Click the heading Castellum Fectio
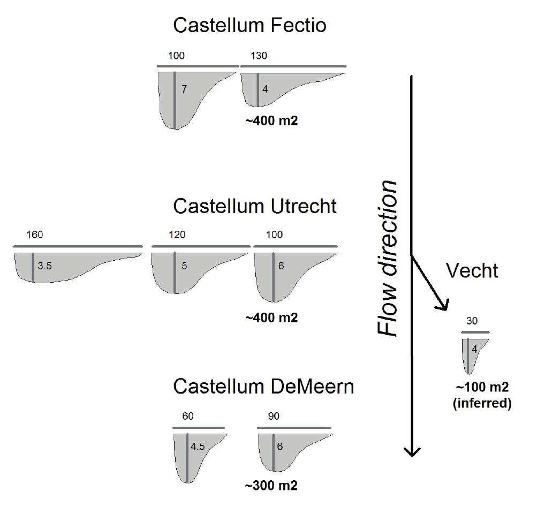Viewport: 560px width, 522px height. [x=249, y=25]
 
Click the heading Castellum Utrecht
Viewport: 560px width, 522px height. [x=255, y=206]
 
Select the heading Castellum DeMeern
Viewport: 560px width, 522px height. [x=263, y=387]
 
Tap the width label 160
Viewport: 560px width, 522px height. [x=35, y=235]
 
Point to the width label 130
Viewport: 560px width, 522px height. [x=259, y=56]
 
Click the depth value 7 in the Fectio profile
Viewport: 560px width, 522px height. [x=184, y=89]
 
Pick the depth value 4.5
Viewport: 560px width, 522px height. [x=198, y=447]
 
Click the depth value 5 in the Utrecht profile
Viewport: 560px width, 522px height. [x=184, y=266]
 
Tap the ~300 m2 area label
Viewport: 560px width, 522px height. [x=271, y=486]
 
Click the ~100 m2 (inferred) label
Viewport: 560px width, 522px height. [x=482, y=395]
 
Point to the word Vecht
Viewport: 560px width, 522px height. [x=472, y=271]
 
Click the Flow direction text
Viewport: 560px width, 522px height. [x=389, y=258]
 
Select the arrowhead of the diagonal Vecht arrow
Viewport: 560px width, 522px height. [x=443, y=306]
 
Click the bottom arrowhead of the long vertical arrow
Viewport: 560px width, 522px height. [x=411, y=451]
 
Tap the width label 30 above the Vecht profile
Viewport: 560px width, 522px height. [x=472, y=321]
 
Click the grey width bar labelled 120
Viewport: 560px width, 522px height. [x=201, y=246]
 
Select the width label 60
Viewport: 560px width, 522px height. [x=188, y=417]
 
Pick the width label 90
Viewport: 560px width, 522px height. [x=273, y=417]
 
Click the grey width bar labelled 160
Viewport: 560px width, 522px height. [x=78, y=246]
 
